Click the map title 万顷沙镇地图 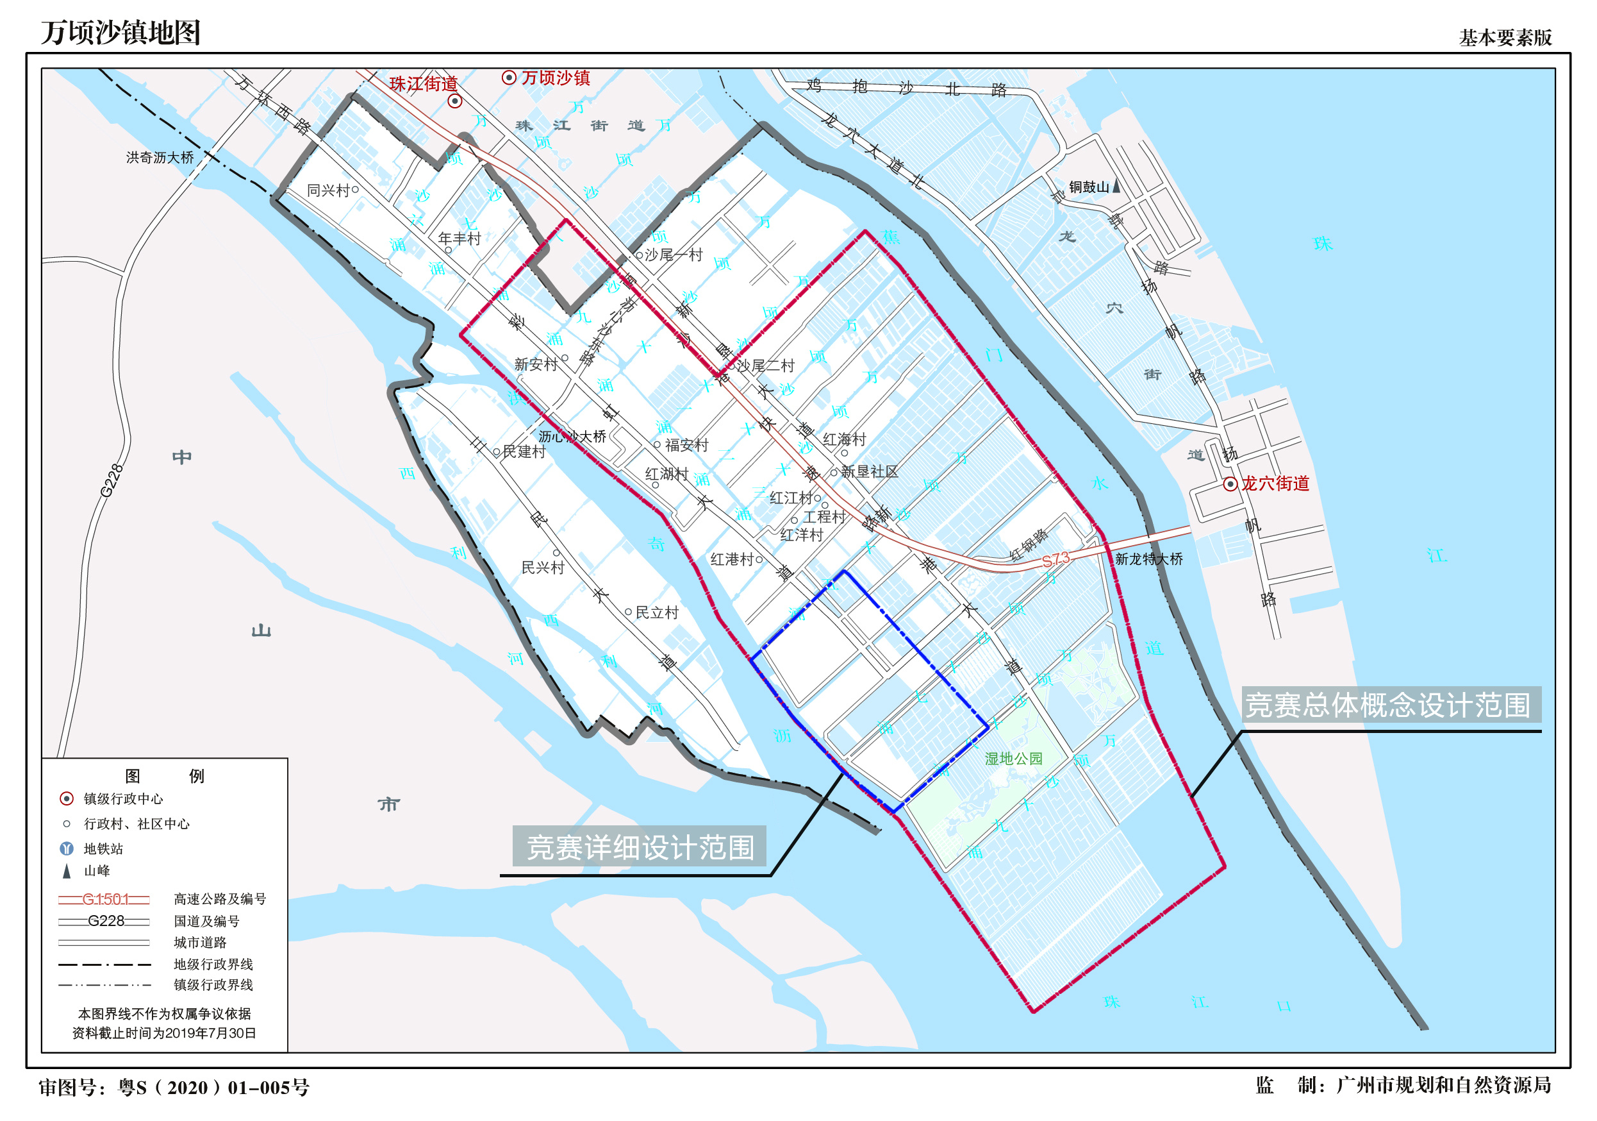120,33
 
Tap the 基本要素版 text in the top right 1505,38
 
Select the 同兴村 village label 328,190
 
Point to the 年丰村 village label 459,239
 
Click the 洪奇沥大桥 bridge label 160,158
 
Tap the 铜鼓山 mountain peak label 1089,187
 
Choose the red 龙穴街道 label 1275,484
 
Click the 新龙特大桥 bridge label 1148,559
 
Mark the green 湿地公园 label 1013,759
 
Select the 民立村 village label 657,612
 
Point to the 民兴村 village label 543,568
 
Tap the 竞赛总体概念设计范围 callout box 1390,705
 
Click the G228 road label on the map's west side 112,480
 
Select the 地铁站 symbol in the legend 67,848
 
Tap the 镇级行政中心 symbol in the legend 67,798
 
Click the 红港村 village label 732,559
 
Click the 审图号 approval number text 174,1087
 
